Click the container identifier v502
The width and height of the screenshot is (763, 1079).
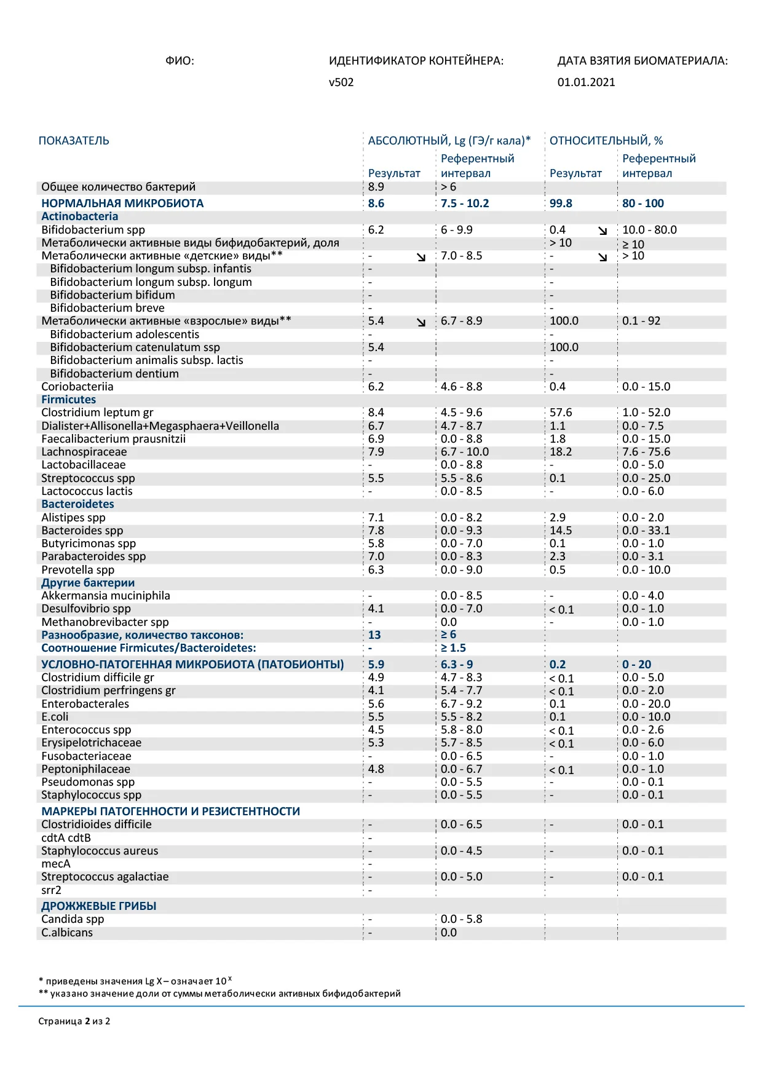point(341,82)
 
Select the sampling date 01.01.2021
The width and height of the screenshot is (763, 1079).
point(586,82)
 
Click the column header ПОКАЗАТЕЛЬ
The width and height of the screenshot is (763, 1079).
point(74,141)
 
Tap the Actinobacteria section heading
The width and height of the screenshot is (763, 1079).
point(79,216)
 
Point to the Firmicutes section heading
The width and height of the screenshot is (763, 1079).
point(68,400)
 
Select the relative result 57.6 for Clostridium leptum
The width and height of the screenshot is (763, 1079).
point(561,413)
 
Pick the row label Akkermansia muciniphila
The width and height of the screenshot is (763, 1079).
point(106,596)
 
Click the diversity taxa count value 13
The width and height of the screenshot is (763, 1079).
point(374,635)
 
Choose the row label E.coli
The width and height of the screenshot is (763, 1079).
point(55,717)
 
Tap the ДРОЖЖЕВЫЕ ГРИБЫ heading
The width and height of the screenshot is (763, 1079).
point(98,906)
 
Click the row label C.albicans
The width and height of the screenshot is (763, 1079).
point(67,933)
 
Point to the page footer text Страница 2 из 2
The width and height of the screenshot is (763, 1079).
point(74,1021)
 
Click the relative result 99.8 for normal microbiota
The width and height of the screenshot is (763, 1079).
point(561,204)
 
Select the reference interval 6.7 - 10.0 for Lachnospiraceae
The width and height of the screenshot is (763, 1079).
point(465,452)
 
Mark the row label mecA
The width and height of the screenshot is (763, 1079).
point(56,864)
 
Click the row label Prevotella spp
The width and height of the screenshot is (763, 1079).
point(77,570)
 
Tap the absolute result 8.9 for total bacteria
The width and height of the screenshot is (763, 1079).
point(376,187)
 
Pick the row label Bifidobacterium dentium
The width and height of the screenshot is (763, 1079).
point(114,374)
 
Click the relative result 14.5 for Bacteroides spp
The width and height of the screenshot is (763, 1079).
point(561,531)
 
